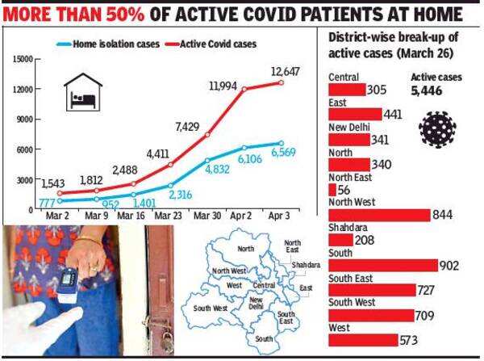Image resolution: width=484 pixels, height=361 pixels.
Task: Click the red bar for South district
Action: (x=378, y=266)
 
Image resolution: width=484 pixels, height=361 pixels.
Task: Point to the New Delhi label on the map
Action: (x=256, y=304)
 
